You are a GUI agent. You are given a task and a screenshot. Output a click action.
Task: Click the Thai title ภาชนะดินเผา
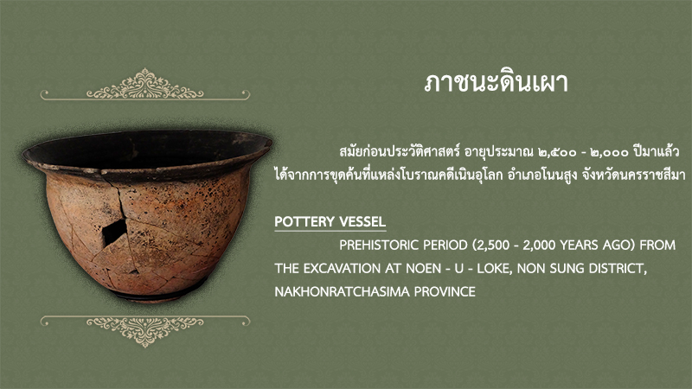pos(496,82)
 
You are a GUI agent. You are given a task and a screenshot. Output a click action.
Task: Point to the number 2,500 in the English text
pos(491,246)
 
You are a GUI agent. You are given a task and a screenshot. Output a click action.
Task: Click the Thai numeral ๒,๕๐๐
pos(557,152)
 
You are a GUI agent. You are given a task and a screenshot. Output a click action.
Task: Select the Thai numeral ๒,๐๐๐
pos(610,152)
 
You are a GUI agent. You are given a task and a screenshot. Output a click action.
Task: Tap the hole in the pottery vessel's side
pos(114,233)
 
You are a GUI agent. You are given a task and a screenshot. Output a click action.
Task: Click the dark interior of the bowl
pos(145,150)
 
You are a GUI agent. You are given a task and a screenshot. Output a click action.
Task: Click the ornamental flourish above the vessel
pos(145,85)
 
